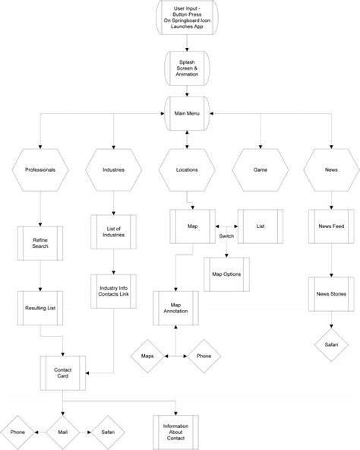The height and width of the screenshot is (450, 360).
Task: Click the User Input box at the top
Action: (187, 17)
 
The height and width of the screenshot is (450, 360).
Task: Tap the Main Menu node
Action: (187, 114)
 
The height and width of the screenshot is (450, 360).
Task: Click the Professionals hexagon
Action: (39, 170)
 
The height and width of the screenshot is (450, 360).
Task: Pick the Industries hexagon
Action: (113, 170)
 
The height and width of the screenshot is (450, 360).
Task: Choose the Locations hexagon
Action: (187, 170)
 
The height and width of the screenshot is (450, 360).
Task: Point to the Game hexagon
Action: (261, 170)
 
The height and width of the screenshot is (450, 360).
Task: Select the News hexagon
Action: (332, 170)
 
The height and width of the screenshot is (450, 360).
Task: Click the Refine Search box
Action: (39, 242)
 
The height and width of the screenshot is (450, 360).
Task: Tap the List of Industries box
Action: (113, 232)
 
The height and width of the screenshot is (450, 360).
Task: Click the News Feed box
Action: (332, 226)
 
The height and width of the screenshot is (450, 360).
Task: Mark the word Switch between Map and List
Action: (226, 237)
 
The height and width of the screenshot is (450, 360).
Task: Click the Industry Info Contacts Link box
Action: (113, 292)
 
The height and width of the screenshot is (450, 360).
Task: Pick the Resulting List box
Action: (39, 309)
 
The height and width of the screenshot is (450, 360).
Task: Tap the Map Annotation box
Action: (175, 306)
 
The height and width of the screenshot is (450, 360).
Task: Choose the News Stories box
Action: (332, 293)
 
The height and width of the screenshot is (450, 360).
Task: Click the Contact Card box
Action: (63, 372)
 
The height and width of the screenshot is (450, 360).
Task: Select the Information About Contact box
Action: (175, 431)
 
